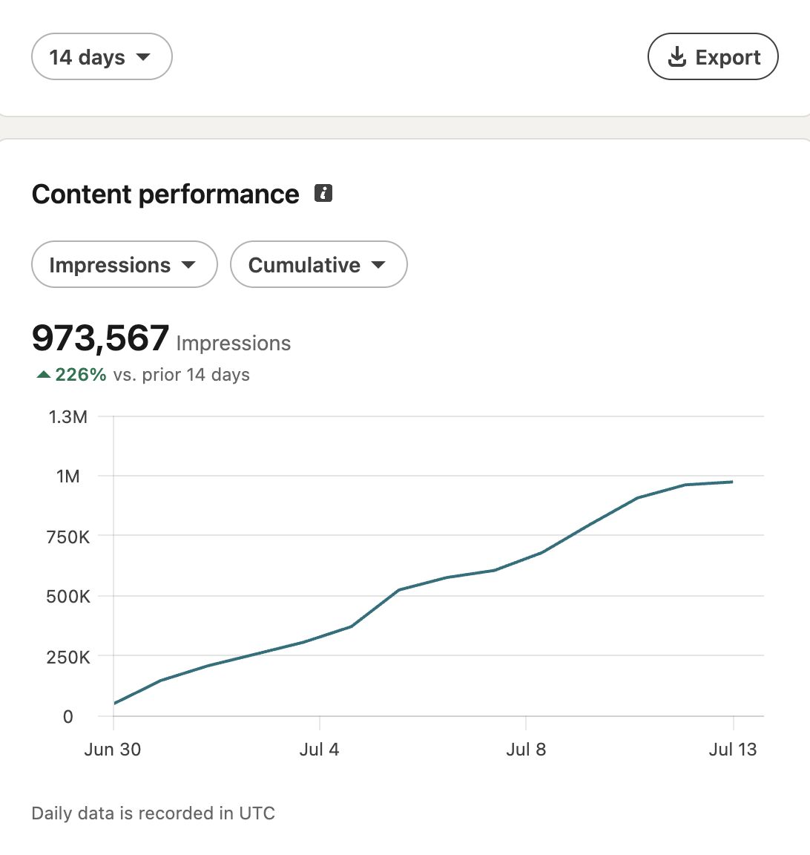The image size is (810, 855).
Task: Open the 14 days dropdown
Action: pyautogui.click(x=102, y=56)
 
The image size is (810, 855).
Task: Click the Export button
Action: pyautogui.click(x=713, y=56)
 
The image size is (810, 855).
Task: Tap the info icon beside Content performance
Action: pyautogui.click(x=323, y=193)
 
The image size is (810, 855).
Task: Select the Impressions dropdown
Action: pyautogui.click(x=125, y=264)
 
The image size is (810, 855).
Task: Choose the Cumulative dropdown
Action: pyautogui.click(x=319, y=264)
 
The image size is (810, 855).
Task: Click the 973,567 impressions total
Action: pyautogui.click(x=100, y=338)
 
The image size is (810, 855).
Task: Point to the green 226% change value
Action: pyautogui.click(x=81, y=375)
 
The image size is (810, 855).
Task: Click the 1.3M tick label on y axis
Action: pyautogui.click(x=68, y=417)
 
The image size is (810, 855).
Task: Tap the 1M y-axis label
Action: pyautogui.click(x=68, y=476)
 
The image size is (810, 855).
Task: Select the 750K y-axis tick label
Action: pyautogui.click(x=68, y=537)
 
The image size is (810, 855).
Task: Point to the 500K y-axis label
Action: pyautogui.click(x=68, y=597)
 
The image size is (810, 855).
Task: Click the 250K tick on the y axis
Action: pyautogui.click(x=68, y=657)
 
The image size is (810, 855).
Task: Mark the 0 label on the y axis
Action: pyautogui.click(x=68, y=716)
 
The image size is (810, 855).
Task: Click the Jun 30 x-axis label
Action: pyautogui.click(x=113, y=749)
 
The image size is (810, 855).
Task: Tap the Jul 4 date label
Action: pyautogui.click(x=320, y=749)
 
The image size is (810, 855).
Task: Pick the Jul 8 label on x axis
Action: pyautogui.click(x=526, y=749)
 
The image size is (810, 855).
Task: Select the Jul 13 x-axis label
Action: pyautogui.click(x=733, y=749)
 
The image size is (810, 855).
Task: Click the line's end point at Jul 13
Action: pyautogui.click(x=732, y=482)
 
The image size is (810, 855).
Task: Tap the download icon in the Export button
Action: pyautogui.click(x=677, y=56)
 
